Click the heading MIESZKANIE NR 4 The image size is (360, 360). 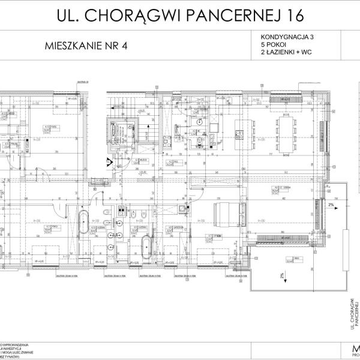tap(86, 46)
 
